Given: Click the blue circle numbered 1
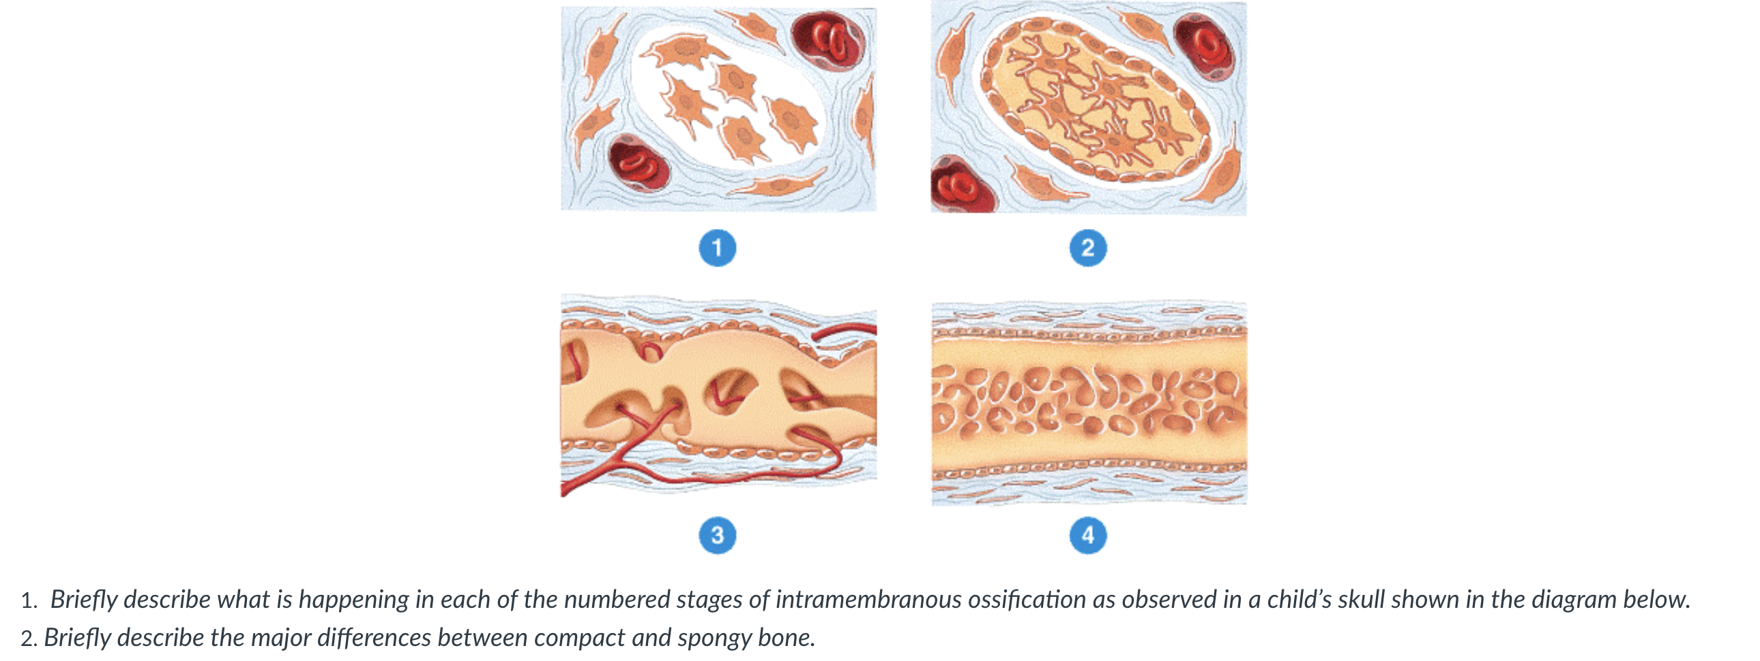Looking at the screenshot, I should (718, 247).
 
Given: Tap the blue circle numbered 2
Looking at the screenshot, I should (1087, 247).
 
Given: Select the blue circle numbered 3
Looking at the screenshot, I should (718, 535).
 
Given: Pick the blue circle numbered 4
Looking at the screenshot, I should (1087, 535).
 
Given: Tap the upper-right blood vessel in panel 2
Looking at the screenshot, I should (1205, 46).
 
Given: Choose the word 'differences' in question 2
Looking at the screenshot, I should (374, 638).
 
